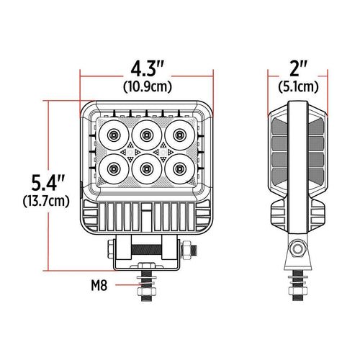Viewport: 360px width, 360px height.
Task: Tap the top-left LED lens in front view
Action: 114,135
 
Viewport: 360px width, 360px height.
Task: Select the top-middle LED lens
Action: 147,135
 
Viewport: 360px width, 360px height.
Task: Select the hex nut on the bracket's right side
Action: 189,248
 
